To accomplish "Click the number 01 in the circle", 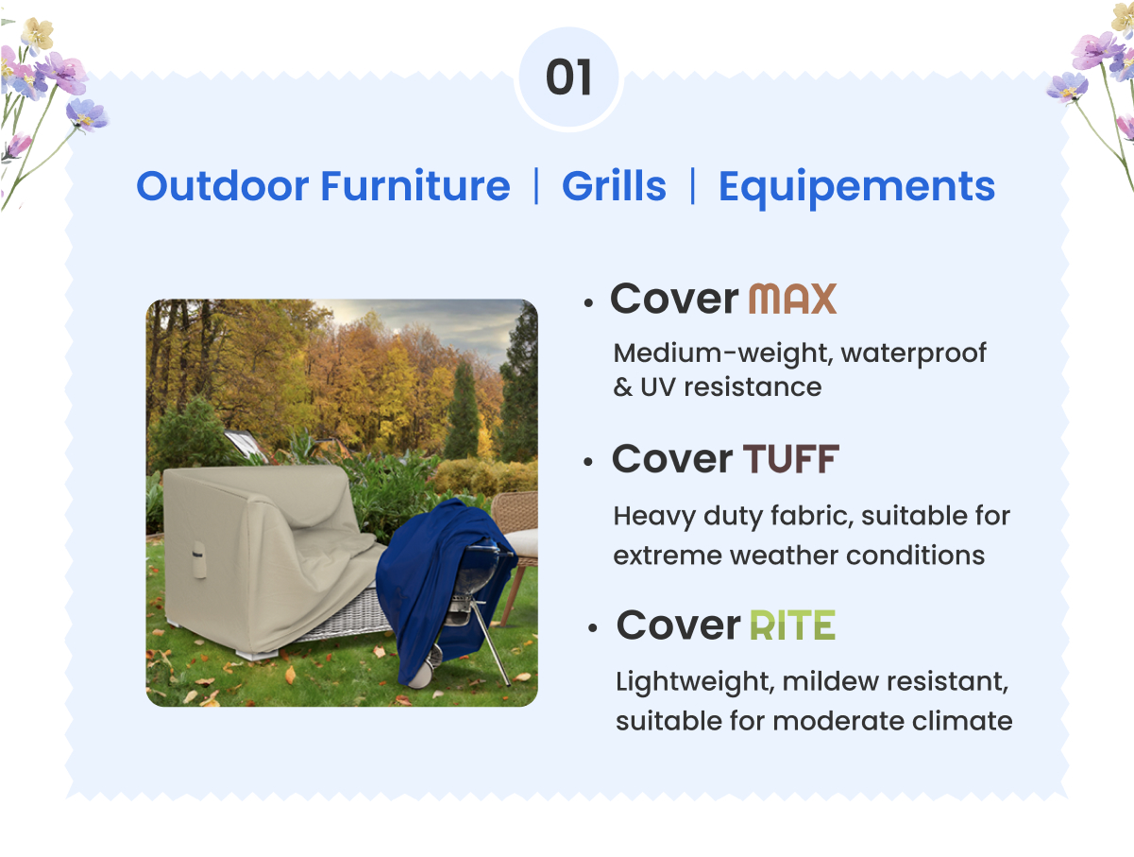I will tap(568, 78).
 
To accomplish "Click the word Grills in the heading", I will tap(614, 186).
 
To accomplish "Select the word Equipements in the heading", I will tap(856, 186).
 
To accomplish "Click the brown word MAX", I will tap(792, 300).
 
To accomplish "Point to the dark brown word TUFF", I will tap(790, 460).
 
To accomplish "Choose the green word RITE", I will tap(792, 626).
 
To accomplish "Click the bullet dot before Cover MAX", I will tap(588, 303).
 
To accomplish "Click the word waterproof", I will tap(913, 353).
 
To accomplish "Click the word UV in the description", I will tap(658, 386).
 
